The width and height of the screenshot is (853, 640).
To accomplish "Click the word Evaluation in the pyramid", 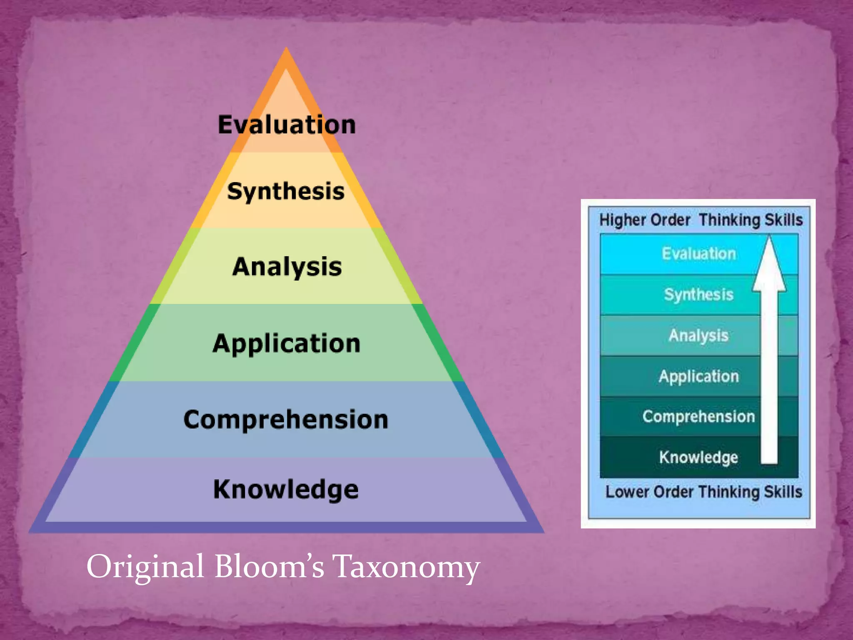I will tap(287, 125).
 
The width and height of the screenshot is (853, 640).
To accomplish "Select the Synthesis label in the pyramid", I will tap(286, 192).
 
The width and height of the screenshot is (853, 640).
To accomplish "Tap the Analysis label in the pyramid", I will tap(287, 267).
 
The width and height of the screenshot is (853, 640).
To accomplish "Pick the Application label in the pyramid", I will tap(287, 344).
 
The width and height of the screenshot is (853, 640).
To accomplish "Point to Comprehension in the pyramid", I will tap(286, 419).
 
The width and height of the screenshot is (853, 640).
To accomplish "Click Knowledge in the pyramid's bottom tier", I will tap(286, 489).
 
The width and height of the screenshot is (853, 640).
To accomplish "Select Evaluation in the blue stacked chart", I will tap(699, 254).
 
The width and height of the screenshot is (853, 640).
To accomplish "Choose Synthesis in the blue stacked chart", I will tap(698, 295).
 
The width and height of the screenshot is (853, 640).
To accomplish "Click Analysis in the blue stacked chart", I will tap(698, 335).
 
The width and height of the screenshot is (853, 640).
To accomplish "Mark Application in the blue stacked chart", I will tap(698, 376).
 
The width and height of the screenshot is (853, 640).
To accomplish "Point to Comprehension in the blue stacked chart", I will tap(698, 417).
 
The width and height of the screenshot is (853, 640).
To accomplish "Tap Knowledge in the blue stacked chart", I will tap(698, 457).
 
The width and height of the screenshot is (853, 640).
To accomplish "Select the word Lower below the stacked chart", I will tap(627, 492).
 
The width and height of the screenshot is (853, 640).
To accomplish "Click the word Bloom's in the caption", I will tap(269, 567).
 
